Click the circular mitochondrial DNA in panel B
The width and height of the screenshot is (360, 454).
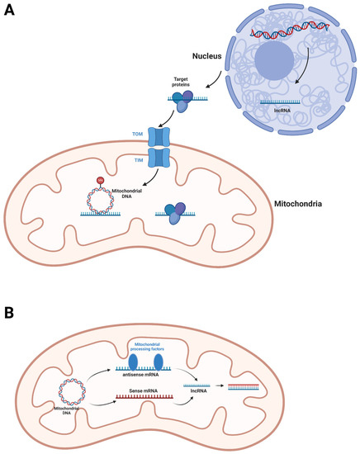(x=69, y=388)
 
